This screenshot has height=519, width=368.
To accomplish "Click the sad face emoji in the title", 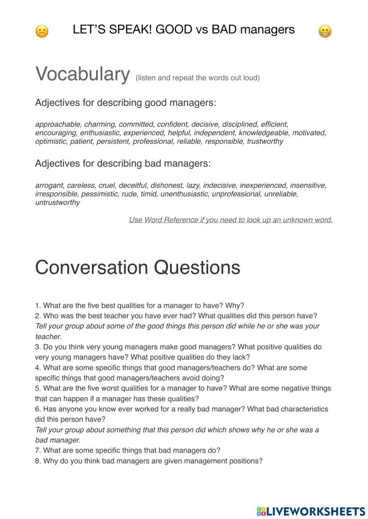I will (42, 31).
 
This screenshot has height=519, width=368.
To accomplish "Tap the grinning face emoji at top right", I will (325, 31).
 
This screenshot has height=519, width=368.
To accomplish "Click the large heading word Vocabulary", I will (82, 74).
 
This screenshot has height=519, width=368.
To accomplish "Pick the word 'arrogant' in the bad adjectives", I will (49, 185).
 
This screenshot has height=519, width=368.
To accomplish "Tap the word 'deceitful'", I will (132, 185).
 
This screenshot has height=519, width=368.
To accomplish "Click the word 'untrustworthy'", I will (57, 202).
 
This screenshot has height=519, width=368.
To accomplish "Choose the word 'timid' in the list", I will (148, 194).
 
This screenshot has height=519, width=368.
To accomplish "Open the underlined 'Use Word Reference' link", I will (230, 220).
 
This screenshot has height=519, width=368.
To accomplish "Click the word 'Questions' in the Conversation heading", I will (197, 267).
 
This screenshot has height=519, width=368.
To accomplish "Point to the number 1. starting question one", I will (38, 306).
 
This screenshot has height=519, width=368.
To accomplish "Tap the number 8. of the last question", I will (38, 461).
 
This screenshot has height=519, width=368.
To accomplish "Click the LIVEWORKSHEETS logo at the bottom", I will (311, 511).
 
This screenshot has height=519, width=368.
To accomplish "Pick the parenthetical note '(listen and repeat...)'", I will (198, 78).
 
